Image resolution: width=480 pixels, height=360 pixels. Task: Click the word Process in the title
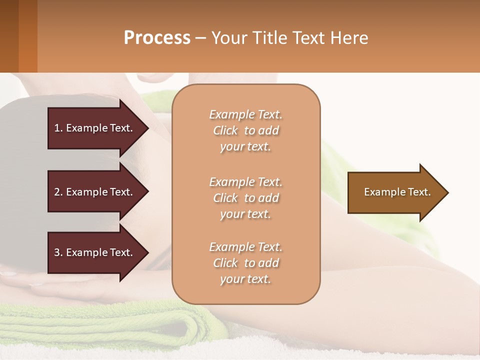point(157,38)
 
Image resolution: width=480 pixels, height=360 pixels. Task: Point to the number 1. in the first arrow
point(58,128)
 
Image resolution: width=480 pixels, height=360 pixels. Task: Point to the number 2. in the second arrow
point(58,192)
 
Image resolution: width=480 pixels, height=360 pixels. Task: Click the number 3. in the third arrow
point(58,252)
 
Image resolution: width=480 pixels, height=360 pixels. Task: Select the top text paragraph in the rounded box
point(245,130)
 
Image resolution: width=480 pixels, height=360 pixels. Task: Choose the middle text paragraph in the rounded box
point(245,198)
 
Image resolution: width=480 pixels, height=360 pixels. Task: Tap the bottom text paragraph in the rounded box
point(245,263)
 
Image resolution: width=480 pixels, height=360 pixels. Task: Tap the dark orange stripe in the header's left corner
point(27,36)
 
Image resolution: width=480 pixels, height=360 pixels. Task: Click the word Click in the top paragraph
point(225,130)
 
